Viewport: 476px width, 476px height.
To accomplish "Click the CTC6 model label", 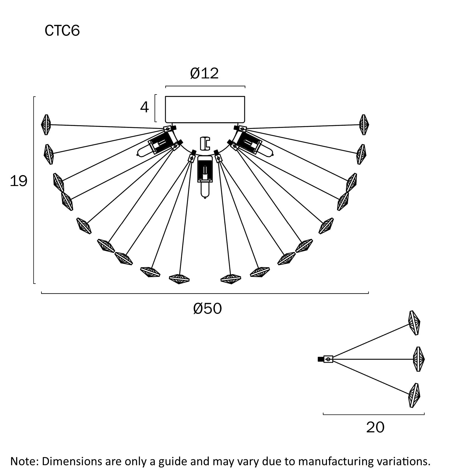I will [x=62, y=31].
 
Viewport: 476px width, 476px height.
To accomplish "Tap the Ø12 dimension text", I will [x=204, y=73].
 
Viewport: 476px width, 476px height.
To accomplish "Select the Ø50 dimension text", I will [x=207, y=309].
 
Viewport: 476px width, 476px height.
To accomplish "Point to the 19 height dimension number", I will [x=18, y=181].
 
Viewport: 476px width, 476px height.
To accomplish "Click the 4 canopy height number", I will [x=144, y=107].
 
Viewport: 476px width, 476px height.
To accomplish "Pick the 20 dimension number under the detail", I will [x=375, y=427].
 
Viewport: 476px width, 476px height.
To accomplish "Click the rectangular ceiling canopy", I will [x=205, y=109].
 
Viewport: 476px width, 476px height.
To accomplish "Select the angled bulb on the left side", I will [x=152, y=147].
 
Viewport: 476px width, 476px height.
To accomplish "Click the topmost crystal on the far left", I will [x=46, y=125].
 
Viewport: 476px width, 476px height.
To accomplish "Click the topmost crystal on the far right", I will [x=364, y=125].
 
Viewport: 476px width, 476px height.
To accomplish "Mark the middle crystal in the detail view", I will [x=418, y=359].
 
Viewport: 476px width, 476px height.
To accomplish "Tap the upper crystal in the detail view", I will [x=414, y=323].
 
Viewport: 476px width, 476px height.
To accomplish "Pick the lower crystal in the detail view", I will [x=414, y=395].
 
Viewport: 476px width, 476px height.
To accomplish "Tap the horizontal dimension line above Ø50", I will [x=205, y=293].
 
